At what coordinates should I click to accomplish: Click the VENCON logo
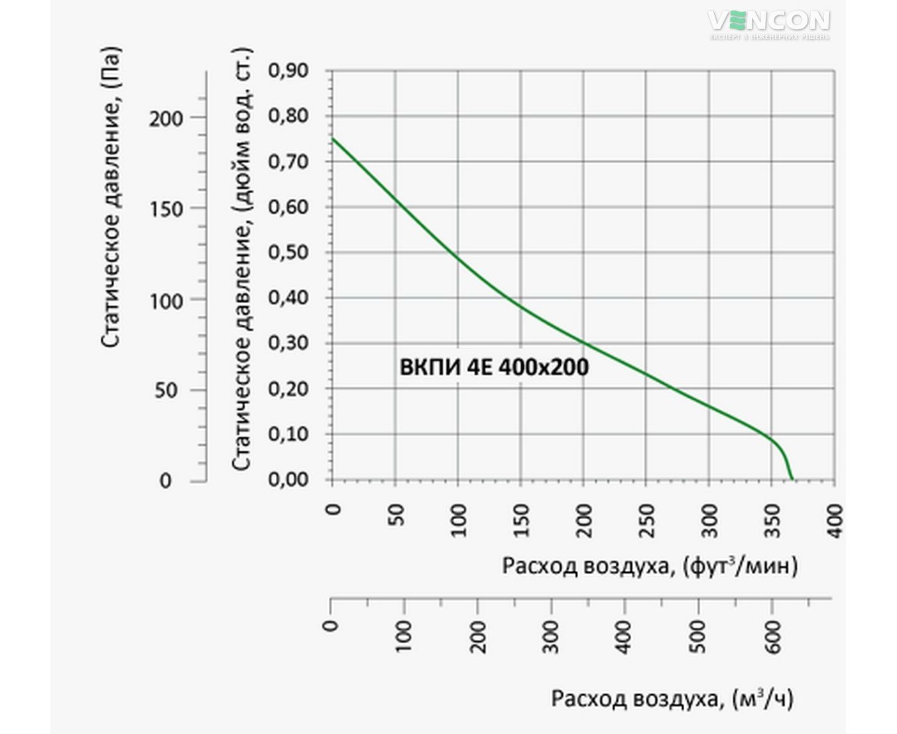tap(769, 22)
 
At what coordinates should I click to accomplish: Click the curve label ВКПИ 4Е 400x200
tap(494, 367)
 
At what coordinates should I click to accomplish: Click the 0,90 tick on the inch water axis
tap(288, 70)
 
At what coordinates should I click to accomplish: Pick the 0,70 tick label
tap(288, 161)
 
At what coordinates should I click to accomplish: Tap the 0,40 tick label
tap(288, 298)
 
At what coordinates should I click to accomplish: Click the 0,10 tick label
tap(288, 434)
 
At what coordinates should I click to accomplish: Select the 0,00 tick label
tap(288, 479)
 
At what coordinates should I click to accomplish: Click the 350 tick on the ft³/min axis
tap(772, 515)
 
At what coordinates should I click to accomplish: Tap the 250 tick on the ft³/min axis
tap(646, 515)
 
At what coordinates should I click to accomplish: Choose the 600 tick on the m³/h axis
tap(772, 637)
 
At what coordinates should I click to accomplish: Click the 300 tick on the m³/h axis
tap(552, 637)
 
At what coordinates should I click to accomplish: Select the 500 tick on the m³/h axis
tap(699, 637)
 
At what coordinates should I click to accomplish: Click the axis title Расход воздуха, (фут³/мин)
tap(650, 566)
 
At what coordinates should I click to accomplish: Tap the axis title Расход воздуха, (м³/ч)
tap(672, 699)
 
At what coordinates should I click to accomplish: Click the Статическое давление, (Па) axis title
tap(112, 196)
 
